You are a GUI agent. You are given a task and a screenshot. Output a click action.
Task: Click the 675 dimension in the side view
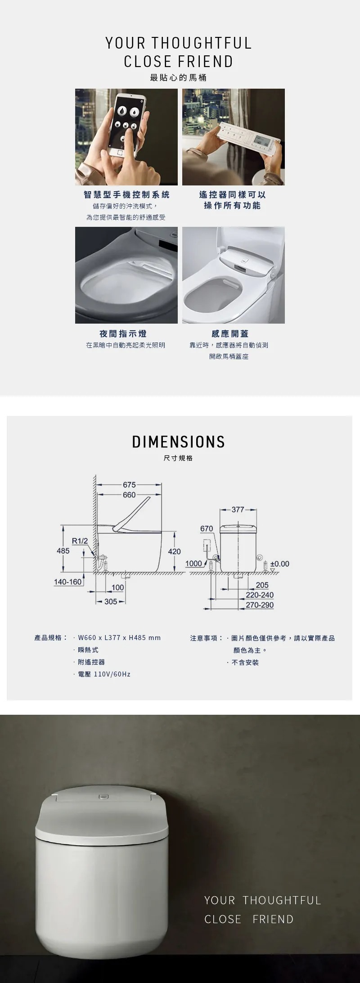[129, 485]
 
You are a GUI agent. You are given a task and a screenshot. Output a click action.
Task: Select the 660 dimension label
[129, 495]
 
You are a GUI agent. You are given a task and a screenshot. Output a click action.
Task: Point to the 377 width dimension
[238, 510]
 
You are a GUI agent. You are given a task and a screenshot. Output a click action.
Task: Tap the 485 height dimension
[63, 551]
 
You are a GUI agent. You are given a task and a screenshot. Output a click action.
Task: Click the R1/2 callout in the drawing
[80, 541]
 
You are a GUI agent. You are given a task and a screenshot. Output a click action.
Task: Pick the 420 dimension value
[174, 551]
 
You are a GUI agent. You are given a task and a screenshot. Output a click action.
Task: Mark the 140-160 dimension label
[68, 582]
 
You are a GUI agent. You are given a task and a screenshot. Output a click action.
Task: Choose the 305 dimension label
[111, 601]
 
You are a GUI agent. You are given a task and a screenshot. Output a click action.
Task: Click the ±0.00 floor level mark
[279, 564]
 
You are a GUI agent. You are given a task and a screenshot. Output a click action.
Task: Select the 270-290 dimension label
[260, 605]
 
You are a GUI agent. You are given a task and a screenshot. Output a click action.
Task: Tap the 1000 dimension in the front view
[194, 564]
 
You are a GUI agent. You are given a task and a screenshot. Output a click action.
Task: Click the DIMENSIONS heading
[179, 442]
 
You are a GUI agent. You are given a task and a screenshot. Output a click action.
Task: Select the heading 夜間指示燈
[123, 334]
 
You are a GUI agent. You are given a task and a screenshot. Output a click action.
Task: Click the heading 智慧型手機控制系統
[126, 194]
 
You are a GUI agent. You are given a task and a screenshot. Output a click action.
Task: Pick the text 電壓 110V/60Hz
[104, 674]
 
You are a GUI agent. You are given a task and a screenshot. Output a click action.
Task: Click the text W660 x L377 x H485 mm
[119, 638]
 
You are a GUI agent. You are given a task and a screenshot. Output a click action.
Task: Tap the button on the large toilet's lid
[103, 796]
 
